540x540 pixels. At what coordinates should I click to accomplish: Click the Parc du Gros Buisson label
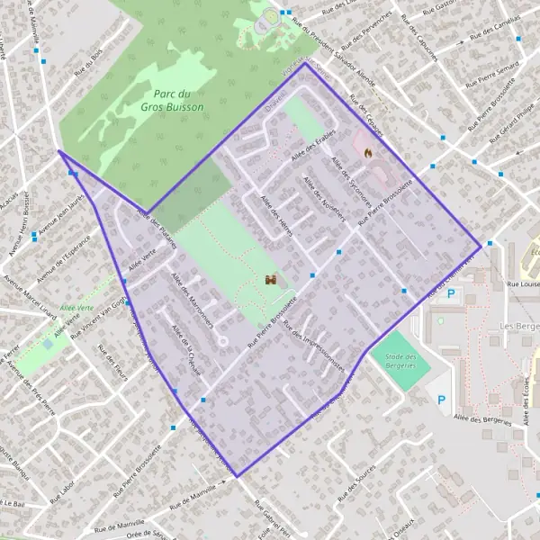coord(172,100)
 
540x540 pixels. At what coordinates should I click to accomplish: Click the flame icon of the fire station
coord(367,153)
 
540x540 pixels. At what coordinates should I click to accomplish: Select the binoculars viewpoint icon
coord(270,281)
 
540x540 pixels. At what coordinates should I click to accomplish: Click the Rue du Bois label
coord(88,60)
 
